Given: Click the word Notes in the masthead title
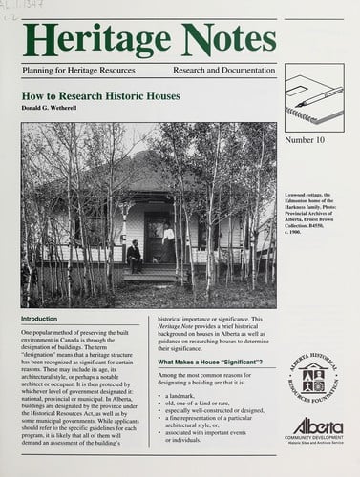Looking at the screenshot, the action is [x=211, y=40].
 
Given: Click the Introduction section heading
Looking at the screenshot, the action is [x=39, y=320].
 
